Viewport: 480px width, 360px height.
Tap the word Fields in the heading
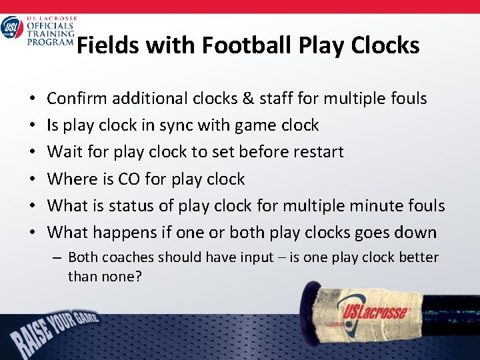107,46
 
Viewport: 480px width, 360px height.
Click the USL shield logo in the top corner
12,28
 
